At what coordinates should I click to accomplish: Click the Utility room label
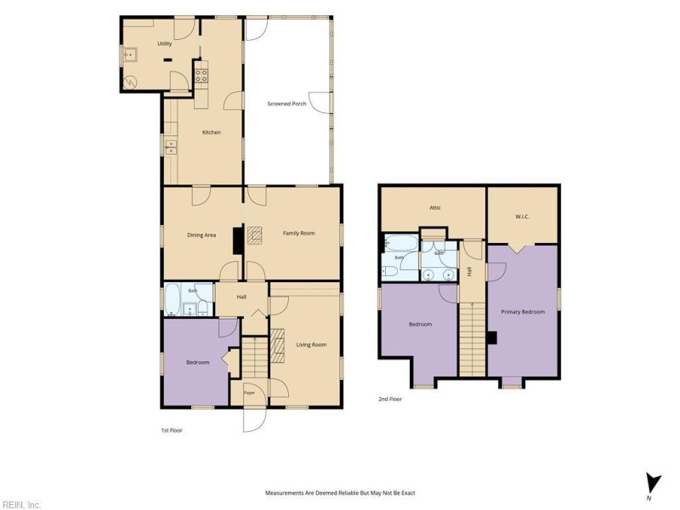coord(164,44)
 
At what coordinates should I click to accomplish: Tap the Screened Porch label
coord(286,104)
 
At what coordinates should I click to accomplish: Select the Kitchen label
coord(212,133)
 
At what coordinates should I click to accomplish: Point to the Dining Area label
coord(201,235)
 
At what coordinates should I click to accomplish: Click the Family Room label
coord(299,233)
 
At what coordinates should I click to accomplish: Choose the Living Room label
coord(311,345)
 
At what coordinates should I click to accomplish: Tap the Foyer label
coord(249,393)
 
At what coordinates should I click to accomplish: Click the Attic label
coord(435,207)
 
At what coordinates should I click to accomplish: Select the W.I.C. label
coord(522,217)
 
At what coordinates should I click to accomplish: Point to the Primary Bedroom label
coord(523,312)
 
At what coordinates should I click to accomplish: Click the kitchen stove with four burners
coord(201,76)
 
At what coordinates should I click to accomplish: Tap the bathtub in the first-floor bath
coord(173,299)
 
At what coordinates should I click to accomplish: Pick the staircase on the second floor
coord(473,339)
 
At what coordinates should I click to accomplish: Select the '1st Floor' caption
coord(172,431)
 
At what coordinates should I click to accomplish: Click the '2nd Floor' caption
coord(390,399)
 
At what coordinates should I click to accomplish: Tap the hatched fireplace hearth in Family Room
coord(254,235)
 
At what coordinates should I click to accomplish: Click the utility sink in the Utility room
coord(130,54)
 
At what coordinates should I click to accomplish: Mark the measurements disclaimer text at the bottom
coord(340,493)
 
